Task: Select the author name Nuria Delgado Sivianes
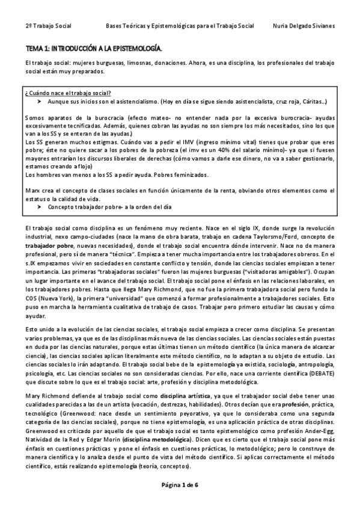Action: tap(304, 26)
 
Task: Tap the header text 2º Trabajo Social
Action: tap(48, 26)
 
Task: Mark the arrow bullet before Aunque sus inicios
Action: tap(38, 102)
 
